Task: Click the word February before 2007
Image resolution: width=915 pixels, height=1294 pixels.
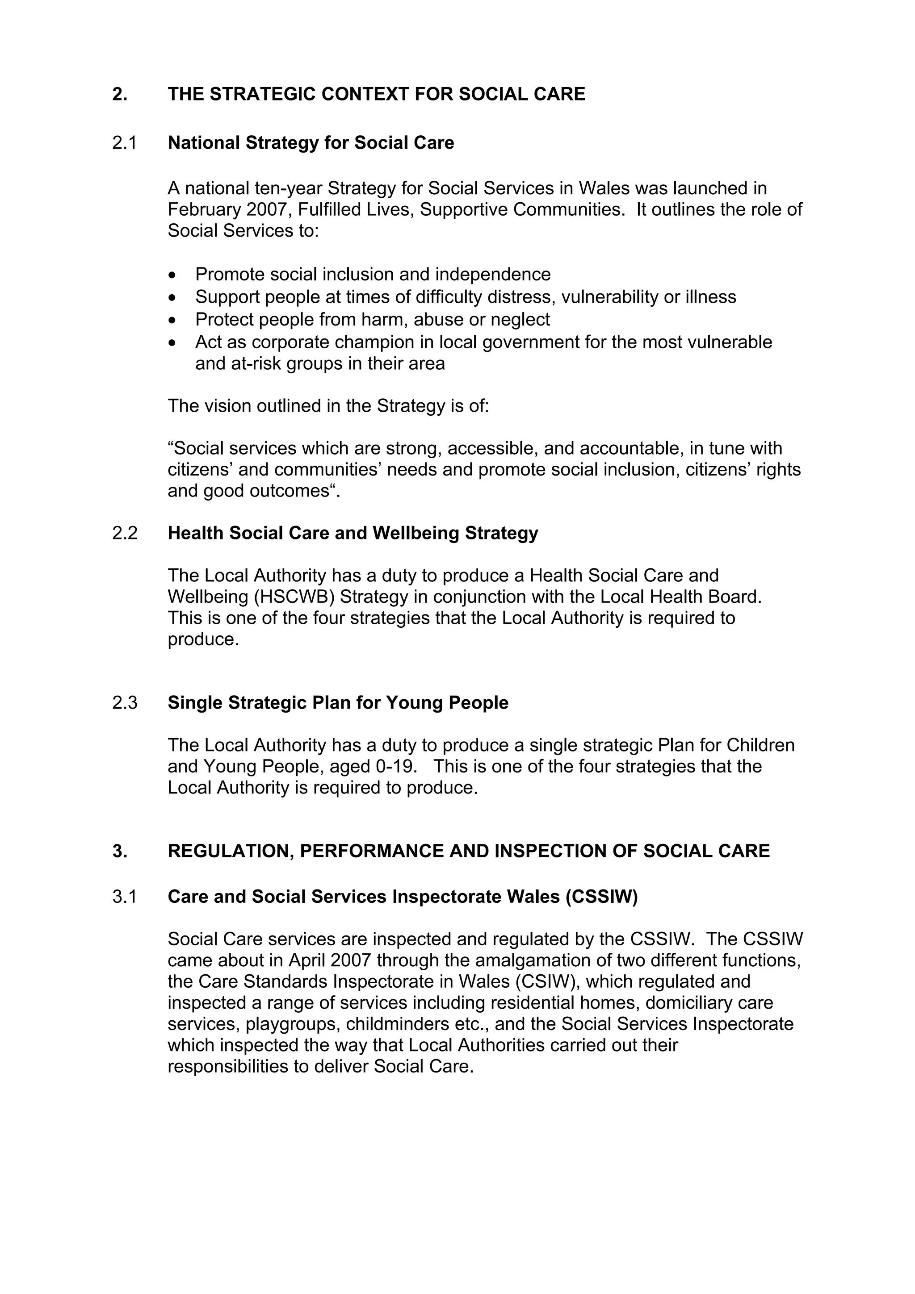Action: [x=204, y=210]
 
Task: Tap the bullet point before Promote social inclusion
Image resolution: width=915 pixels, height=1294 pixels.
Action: [x=172, y=275]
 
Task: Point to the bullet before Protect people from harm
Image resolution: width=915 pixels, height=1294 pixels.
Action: [x=172, y=320]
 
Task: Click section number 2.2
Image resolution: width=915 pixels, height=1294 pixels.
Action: [x=125, y=533]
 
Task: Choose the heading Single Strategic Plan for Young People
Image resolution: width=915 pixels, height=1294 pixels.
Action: [x=338, y=703]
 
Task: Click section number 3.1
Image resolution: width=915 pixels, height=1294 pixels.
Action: [x=124, y=897]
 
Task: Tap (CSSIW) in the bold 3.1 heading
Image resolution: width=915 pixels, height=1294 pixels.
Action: [x=601, y=897]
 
